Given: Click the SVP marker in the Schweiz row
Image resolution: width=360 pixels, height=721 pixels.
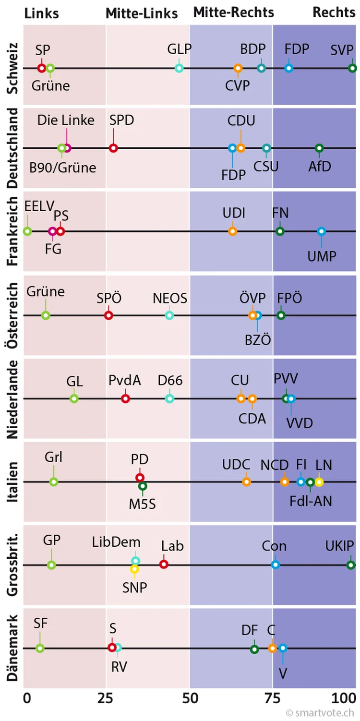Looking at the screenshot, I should click(352, 68).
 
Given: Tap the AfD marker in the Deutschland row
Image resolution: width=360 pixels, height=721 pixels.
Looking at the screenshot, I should click(319, 148).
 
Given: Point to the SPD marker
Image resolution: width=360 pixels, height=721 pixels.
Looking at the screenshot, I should click(113, 148).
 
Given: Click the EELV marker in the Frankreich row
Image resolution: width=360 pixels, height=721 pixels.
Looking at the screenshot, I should click(27, 231).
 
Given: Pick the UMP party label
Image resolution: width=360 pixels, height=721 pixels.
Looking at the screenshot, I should click(322, 256).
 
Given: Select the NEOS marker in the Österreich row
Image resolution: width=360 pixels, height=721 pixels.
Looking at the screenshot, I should click(169, 315).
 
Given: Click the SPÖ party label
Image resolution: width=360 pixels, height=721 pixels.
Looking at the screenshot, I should click(109, 298).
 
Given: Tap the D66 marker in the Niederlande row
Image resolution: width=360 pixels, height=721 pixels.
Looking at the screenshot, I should click(169, 398).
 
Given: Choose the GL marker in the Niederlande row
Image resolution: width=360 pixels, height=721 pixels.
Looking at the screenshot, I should click(74, 398).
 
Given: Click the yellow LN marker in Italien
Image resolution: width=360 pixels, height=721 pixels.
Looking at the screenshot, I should click(319, 482).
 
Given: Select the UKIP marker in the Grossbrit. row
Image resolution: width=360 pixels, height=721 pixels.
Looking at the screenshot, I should click(351, 565).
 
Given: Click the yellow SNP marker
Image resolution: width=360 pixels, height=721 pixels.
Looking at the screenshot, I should click(135, 569).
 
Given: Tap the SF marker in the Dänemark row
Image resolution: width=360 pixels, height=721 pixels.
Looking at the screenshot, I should click(40, 648).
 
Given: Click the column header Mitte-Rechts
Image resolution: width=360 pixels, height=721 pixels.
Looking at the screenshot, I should click(234, 12).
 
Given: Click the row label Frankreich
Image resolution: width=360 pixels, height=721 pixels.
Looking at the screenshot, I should click(12, 231).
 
